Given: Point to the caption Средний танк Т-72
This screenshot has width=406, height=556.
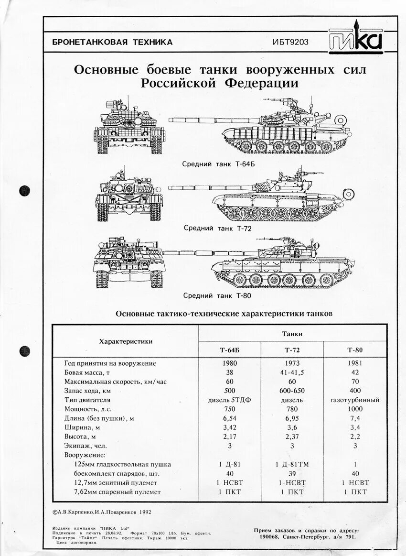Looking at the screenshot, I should click(x=218, y=228).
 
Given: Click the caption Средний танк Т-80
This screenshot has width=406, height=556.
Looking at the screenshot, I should click(x=217, y=295).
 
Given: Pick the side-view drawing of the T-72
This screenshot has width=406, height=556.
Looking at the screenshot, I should click(x=277, y=198).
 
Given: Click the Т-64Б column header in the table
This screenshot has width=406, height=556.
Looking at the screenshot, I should click(x=230, y=350).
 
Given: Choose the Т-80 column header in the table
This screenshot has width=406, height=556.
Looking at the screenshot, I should click(x=355, y=350).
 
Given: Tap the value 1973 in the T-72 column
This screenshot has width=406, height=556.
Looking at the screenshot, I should click(x=292, y=363).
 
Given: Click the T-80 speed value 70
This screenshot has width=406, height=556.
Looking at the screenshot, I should click(x=355, y=382).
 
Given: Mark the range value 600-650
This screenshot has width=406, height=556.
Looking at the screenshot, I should click(x=292, y=391).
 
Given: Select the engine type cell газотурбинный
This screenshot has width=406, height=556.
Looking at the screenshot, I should click(x=355, y=400).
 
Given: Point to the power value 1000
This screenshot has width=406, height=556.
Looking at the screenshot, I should click(x=355, y=409).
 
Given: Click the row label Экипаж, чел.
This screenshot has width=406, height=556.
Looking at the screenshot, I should click(x=86, y=446).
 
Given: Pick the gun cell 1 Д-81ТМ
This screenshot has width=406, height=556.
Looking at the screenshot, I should click(x=292, y=464).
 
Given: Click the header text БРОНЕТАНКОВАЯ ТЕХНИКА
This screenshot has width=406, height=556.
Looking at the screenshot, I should click(x=113, y=42).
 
